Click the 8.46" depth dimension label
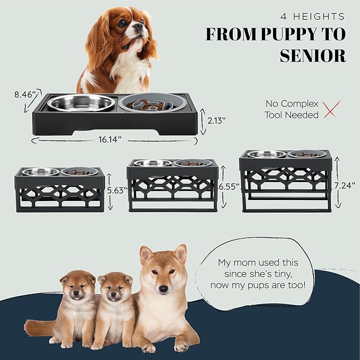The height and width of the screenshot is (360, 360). (25, 95)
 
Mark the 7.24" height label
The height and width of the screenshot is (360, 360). (346, 185)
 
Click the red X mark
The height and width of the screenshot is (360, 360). (332, 109)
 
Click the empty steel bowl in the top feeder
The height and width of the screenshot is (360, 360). (81, 102)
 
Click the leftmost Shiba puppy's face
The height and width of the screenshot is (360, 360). (77, 289)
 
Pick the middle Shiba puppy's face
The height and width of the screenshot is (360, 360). (116, 291)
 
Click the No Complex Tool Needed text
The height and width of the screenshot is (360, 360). (292, 109)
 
